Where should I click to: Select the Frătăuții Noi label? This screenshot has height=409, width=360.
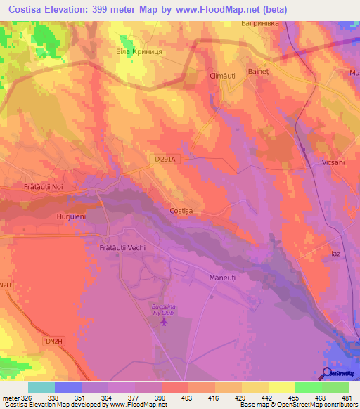pos(43,186)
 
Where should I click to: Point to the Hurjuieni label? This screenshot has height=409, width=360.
pos(71,217)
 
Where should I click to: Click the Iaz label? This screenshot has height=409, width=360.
pos(335,252)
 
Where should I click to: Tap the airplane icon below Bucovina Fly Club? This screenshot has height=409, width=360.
pos(165,323)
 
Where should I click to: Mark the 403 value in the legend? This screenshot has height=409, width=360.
pos(187,398)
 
